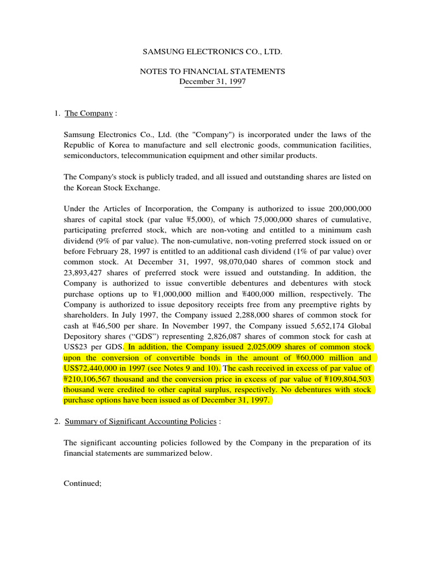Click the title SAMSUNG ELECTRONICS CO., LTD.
point(212,51)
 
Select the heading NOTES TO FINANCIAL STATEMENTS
point(212,72)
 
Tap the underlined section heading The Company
point(89,113)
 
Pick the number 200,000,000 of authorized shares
point(350,209)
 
